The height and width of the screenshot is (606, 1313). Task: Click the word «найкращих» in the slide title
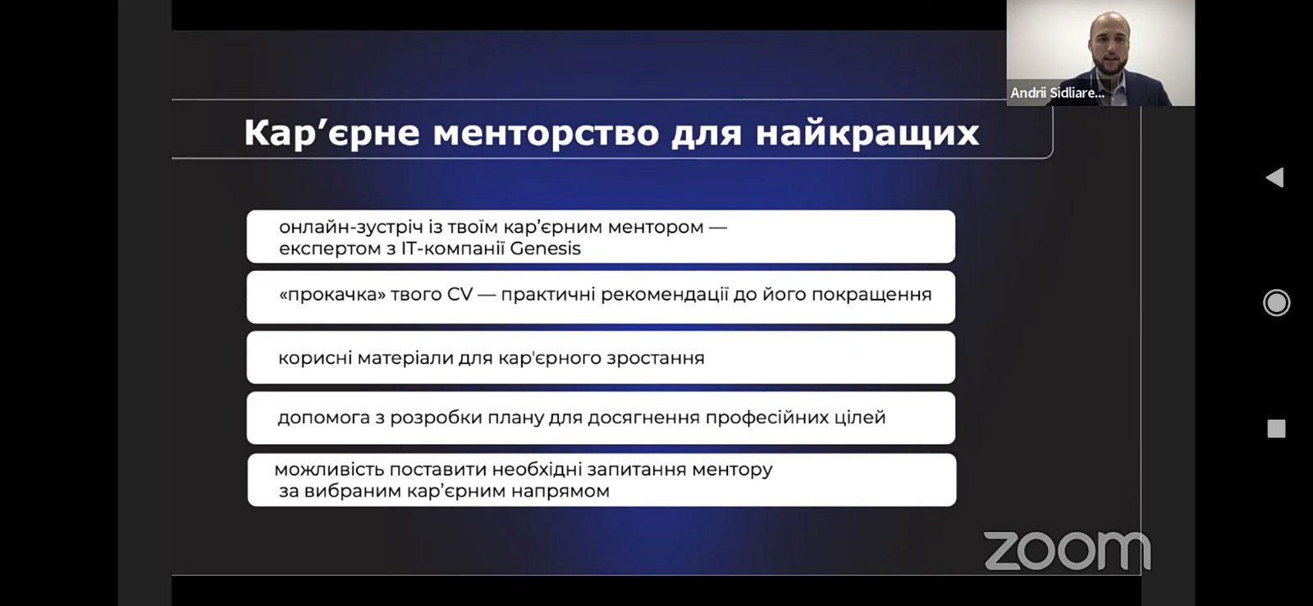tap(867, 133)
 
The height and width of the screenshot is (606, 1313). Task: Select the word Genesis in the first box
tap(545, 249)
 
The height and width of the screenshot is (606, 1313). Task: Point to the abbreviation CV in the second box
tap(460, 294)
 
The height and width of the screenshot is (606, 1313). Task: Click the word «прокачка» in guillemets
tap(332, 295)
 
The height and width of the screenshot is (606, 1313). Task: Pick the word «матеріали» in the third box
tap(405, 358)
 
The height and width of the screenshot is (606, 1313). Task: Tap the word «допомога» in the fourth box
tap(323, 418)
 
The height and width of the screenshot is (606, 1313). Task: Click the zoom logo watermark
tap(1067, 551)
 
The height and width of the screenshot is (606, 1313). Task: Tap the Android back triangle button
tap(1275, 177)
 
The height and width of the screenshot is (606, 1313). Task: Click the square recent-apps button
tap(1276, 429)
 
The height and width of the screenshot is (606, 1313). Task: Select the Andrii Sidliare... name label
tap(1058, 93)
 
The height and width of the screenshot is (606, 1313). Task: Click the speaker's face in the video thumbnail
tap(1108, 44)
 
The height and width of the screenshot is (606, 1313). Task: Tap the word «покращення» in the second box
tap(872, 295)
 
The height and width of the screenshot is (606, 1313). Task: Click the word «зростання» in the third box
tap(656, 359)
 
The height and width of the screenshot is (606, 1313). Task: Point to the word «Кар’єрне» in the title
tap(332, 133)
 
